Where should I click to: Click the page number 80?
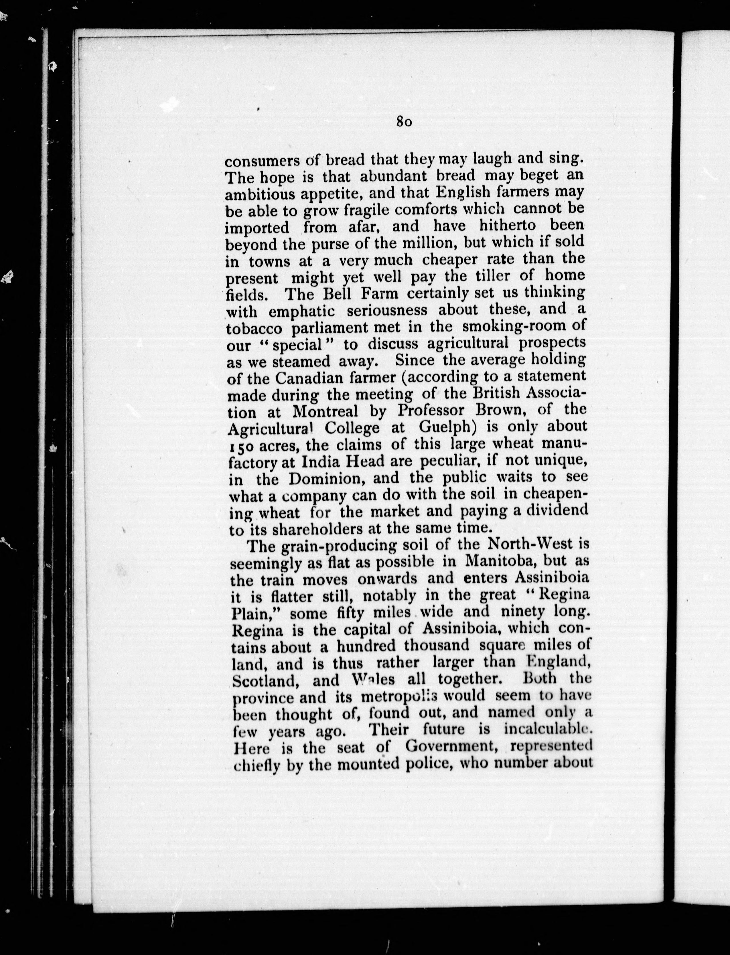click(404, 122)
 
